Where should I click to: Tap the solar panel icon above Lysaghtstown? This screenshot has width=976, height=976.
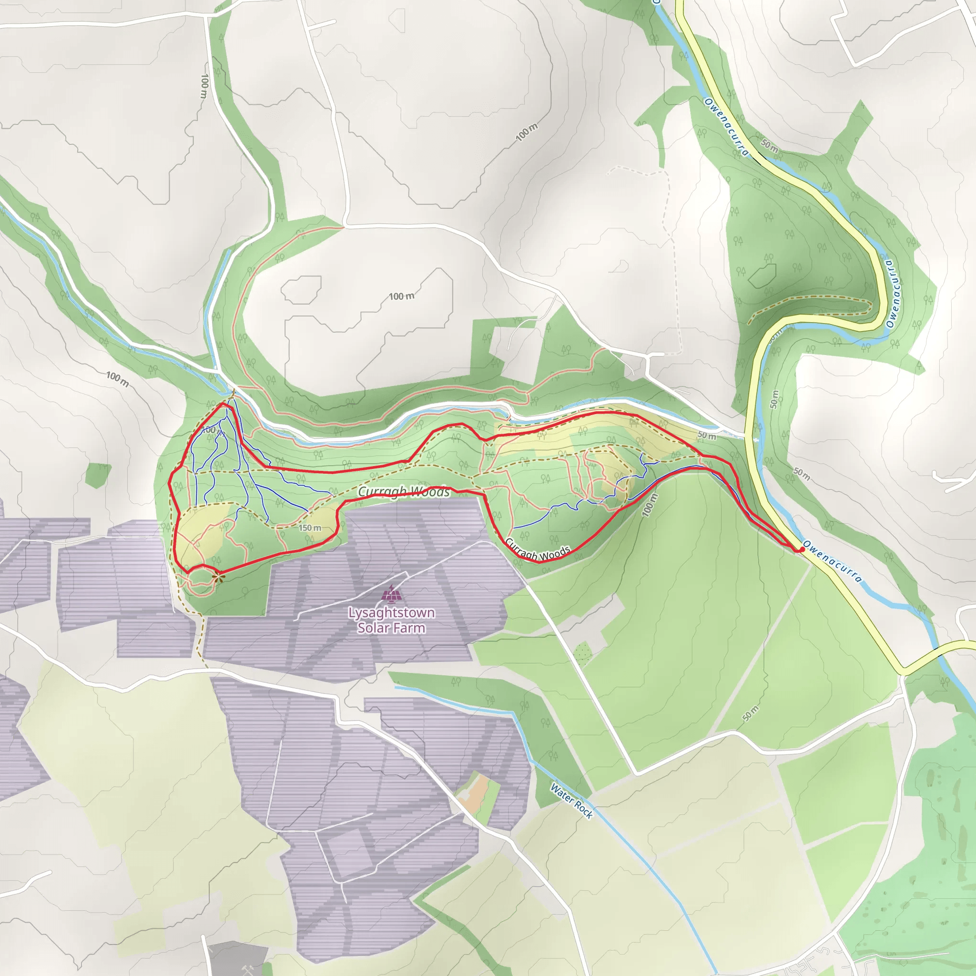[x=392, y=594]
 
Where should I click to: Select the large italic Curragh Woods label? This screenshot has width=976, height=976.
[x=404, y=491]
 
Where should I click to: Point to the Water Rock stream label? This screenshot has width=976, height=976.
[x=571, y=801]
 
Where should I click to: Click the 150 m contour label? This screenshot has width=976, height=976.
[x=310, y=528]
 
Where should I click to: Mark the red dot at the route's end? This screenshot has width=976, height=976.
[x=802, y=549]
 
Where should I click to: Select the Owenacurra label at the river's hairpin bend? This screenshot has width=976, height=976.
[x=893, y=294]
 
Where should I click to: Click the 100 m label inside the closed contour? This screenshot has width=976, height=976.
[x=401, y=296]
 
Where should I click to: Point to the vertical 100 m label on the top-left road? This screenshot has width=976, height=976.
[x=204, y=86]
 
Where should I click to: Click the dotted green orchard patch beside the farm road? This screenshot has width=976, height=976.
[x=582, y=651]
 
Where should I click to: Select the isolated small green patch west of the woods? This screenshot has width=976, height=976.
[x=98, y=474]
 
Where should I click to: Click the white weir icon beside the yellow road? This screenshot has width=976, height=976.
[x=756, y=439]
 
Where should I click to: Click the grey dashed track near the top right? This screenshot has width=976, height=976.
[x=670, y=243]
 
